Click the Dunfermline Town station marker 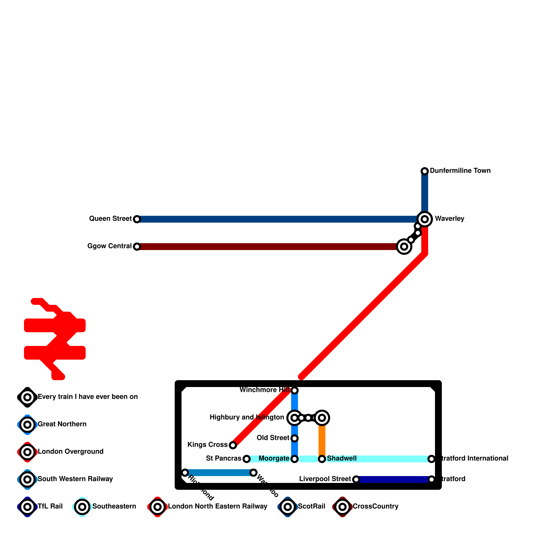tap(425, 171)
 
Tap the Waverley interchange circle tap(425, 219)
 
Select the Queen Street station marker tap(137, 219)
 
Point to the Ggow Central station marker tap(137, 247)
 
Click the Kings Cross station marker tap(233, 445)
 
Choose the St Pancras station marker tap(247, 459)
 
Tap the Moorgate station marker tap(295, 459)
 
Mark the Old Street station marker tap(295, 438)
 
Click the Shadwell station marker tap(322, 459)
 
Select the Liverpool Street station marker tap(356, 480)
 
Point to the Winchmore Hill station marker tap(295, 390)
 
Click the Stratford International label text tap(474, 459)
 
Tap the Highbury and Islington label tap(247, 418)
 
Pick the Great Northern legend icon tap(27, 425)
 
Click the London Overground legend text tap(71, 452)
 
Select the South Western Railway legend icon tap(27, 480)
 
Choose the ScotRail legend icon tap(288, 507)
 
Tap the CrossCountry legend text tap(375, 507)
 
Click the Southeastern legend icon tap(82, 507)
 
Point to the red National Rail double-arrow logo tap(55, 339)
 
